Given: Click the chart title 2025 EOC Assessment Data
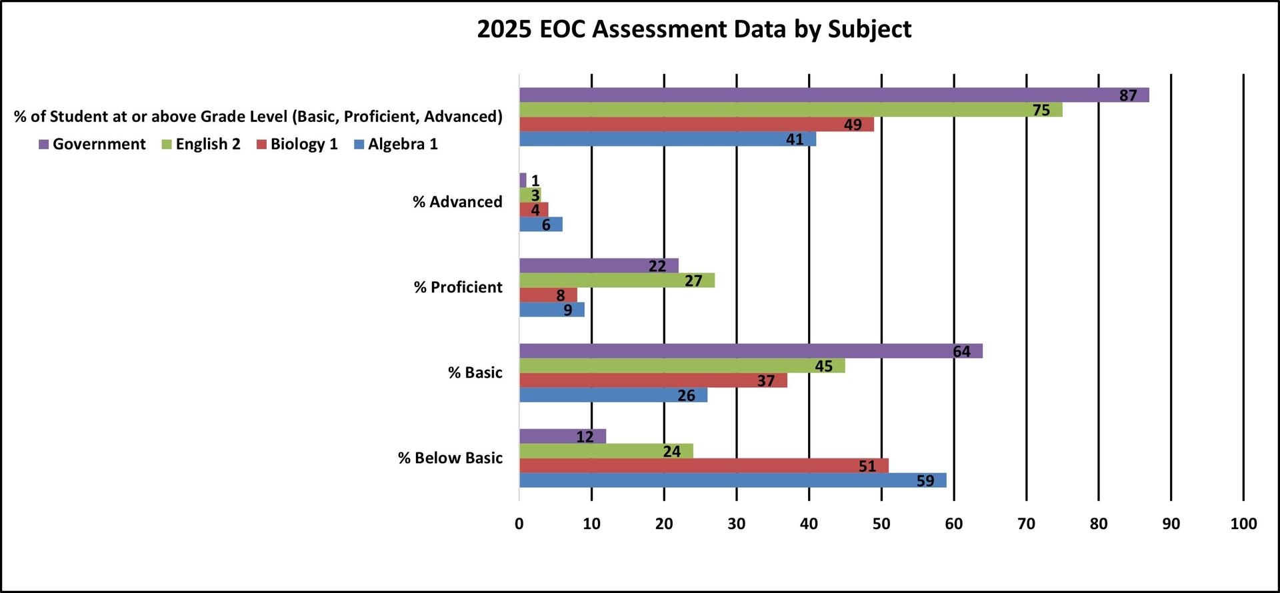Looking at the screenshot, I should (x=694, y=29).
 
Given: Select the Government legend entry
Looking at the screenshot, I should (x=93, y=144).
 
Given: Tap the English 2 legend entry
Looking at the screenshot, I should (x=201, y=144).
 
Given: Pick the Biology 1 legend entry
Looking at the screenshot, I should (x=297, y=144).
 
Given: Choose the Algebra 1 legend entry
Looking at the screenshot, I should (x=396, y=144).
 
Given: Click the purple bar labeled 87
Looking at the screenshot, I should (x=833, y=95).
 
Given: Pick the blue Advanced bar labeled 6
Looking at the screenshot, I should (x=540, y=225).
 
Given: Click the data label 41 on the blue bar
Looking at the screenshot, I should (x=794, y=139).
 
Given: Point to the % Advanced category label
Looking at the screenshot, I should (x=457, y=202).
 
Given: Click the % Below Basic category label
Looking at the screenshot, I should (x=450, y=458).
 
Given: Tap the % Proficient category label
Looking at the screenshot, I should (x=458, y=287).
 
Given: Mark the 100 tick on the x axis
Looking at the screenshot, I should (x=1243, y=524).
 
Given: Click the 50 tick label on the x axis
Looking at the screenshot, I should (x=881, y=524).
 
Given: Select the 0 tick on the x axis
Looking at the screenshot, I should (x=519, y=524).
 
